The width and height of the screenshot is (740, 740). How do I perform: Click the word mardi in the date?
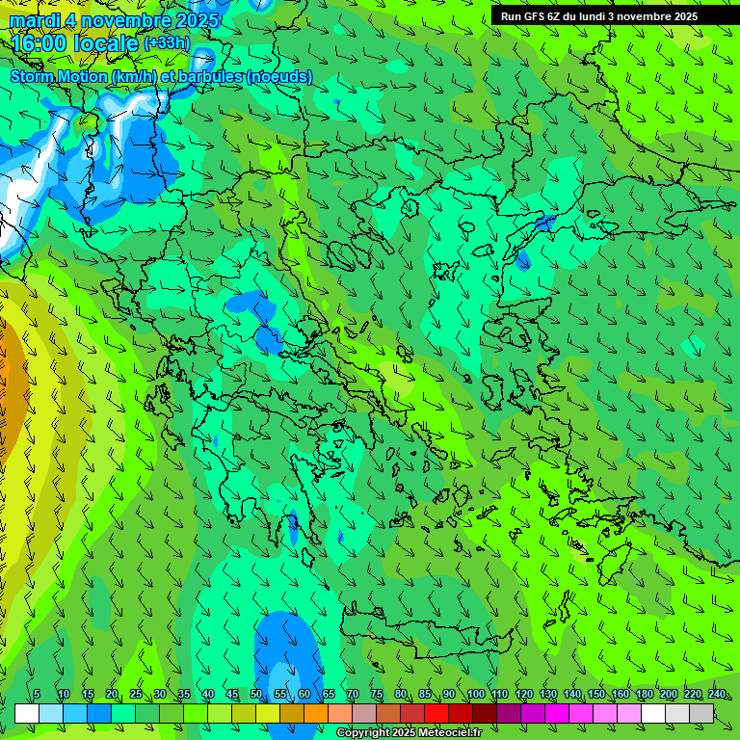[x=35, y=20]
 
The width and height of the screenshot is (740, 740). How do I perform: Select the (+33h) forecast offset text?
[x=167, y=43]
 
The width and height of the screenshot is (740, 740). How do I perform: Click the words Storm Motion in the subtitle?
[x=59, y=76]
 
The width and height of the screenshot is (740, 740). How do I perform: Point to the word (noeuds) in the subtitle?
[x=279, y=76]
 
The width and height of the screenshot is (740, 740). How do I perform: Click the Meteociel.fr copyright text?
[x=443, y=733]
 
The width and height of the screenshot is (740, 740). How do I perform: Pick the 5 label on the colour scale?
[x=37, y=695]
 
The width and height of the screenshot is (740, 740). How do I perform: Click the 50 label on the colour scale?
[x=256, y=695]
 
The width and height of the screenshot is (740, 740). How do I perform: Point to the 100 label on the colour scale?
[x=475, y=695]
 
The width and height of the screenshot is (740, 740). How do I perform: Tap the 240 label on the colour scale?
[x=716, y=695]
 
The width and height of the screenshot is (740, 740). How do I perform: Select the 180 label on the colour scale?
[x=644, y=695]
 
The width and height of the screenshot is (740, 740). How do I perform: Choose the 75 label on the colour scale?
[x=377, y=695]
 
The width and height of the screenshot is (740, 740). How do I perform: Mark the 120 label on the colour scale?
[x=523, y=695]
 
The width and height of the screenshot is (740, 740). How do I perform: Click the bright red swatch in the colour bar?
[x=436, y=713]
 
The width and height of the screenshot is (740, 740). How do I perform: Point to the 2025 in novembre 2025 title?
[x=192, y=20]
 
